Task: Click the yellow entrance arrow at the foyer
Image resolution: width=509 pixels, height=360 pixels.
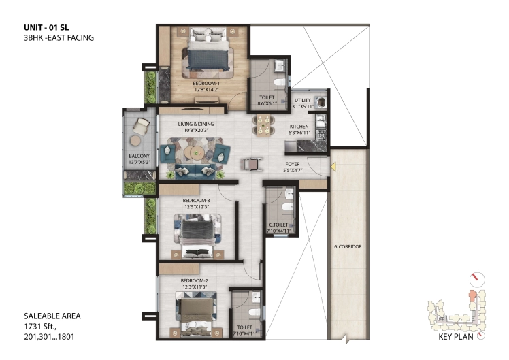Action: coord(333,167)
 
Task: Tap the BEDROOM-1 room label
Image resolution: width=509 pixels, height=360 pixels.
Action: coord(206,84)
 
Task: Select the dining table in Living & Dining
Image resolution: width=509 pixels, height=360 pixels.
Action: coord(263,125)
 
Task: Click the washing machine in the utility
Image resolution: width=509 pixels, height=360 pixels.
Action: coord(322,102)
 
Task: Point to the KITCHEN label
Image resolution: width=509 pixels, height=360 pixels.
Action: coord(299,127)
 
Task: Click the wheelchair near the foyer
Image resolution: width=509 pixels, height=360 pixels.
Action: coord(251,163)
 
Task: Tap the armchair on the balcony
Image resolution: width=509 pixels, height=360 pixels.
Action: coord(141,127)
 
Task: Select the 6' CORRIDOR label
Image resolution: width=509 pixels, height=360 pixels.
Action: coord(348,247)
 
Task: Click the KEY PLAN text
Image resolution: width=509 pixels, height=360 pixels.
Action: coord(456,337)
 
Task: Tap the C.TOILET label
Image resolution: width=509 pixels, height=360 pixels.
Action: coord(278,225)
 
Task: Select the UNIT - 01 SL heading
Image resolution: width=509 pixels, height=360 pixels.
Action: coord(46,28)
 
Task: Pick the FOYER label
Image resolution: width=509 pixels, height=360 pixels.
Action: coord(293,164)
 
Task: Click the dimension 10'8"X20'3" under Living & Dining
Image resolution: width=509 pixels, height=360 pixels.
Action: coord(196,130)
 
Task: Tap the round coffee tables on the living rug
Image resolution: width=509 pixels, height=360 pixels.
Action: coord(194,152)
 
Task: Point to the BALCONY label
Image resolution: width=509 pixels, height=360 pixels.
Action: coord(139,156)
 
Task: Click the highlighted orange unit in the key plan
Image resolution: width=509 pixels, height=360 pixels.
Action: coord(472,297)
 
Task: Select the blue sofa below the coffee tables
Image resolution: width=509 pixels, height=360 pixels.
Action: coord(195,171)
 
